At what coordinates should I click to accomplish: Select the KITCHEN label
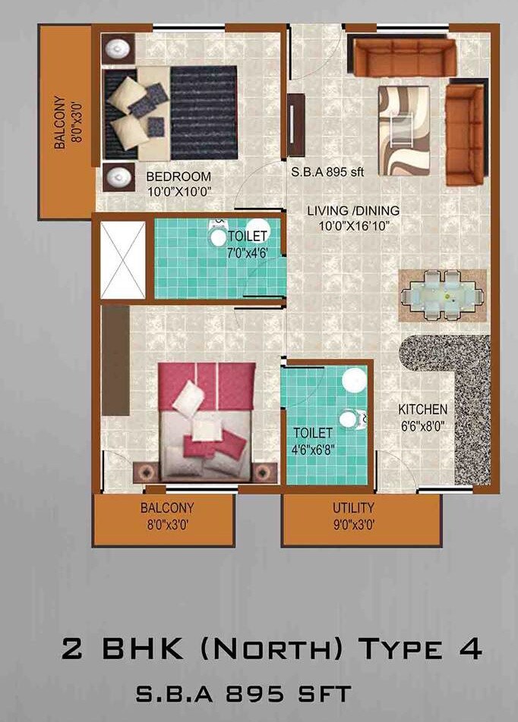pyautogui.click(x=422, y=410)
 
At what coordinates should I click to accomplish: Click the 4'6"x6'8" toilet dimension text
pyautogui.click(x=314, y=447)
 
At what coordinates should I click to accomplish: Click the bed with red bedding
pyautogui.click(x=207, y=420)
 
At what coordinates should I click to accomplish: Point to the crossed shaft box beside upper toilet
pyautogui.click(x=122, y=261)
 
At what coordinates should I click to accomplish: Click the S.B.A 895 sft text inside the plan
pyautogui.click(x=328, y=172)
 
